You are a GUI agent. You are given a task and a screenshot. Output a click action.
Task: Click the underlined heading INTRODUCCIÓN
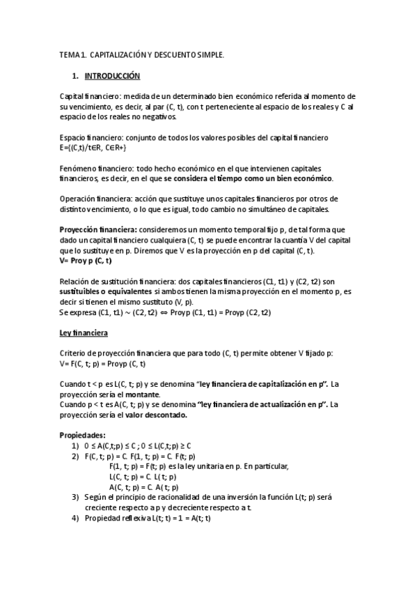coord(112,75)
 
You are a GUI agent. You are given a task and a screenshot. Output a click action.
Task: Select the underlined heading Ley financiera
coord(83,333)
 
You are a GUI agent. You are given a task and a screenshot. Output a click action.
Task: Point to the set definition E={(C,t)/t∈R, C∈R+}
coord(93,148)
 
